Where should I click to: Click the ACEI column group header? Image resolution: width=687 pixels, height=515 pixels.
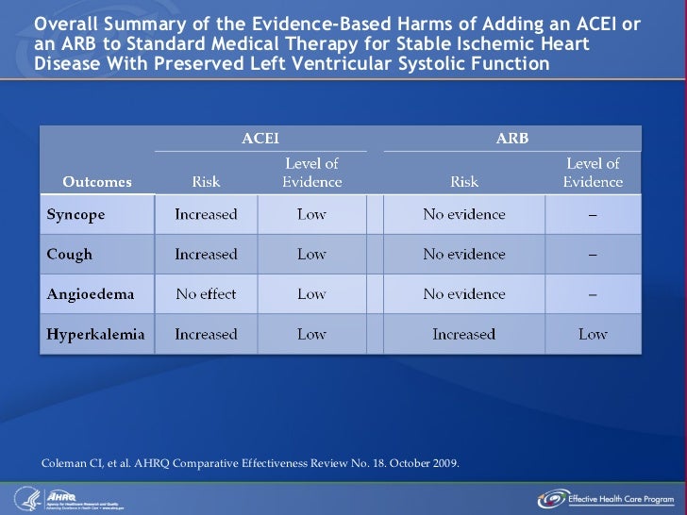(260, 138)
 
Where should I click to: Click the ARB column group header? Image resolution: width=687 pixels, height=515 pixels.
(512, 138)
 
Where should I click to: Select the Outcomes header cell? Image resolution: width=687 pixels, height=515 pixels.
(97, 181)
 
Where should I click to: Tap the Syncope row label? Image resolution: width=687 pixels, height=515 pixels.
(76, 214)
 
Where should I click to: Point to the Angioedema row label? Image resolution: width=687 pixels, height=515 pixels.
(91, 294)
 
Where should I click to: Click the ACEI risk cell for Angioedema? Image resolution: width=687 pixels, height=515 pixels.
(206, 294)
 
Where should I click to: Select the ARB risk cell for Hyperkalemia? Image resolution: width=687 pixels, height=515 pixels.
(463, 334)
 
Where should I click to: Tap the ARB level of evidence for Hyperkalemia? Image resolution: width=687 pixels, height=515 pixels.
(593, 334)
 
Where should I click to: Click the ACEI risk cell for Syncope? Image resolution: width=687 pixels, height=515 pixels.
(206, 214)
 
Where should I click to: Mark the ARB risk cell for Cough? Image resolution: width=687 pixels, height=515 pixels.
(463, 254)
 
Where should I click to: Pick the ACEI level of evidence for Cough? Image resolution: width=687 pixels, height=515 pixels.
(311, 254)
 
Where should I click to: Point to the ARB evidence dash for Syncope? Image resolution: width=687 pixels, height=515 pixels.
(593, 214)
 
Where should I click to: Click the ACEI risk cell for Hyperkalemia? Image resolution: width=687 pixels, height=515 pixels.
(206, 334)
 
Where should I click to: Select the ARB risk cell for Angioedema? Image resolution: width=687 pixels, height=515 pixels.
(463, 294)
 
